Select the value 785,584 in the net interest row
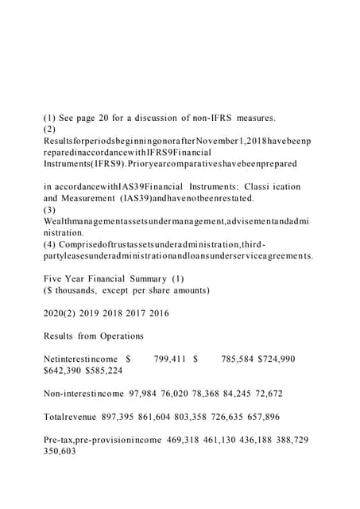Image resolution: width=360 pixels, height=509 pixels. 235,359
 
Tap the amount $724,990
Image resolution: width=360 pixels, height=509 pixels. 277,359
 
